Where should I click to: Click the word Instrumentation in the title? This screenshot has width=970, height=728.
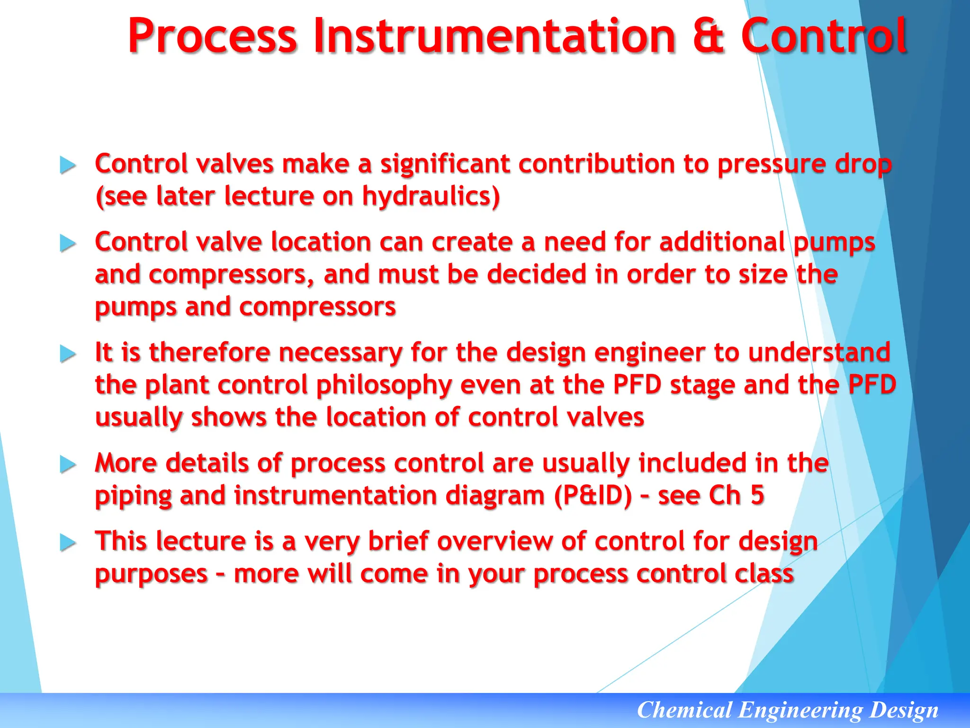click(x=494, y=36)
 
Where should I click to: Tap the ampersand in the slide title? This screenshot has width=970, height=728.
click(x=709, y=36)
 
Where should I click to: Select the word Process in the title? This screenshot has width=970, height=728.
click(x=213, y=36)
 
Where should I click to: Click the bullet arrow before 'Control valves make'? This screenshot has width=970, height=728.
click(x=68, y=165)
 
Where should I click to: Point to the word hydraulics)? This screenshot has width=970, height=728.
click(x=431, y=196)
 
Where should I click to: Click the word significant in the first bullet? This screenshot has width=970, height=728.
click(x=445, y=164)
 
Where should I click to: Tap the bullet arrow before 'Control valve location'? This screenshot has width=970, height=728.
click(x=68, y=244)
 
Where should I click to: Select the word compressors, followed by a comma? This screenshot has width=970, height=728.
click(x=231, y=275)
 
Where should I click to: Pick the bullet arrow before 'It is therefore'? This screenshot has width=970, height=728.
click(x=68, y=354)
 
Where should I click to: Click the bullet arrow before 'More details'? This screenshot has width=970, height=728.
click(x=68, y=464)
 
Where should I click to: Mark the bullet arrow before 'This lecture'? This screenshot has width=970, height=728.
click(x=68, y=543)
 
